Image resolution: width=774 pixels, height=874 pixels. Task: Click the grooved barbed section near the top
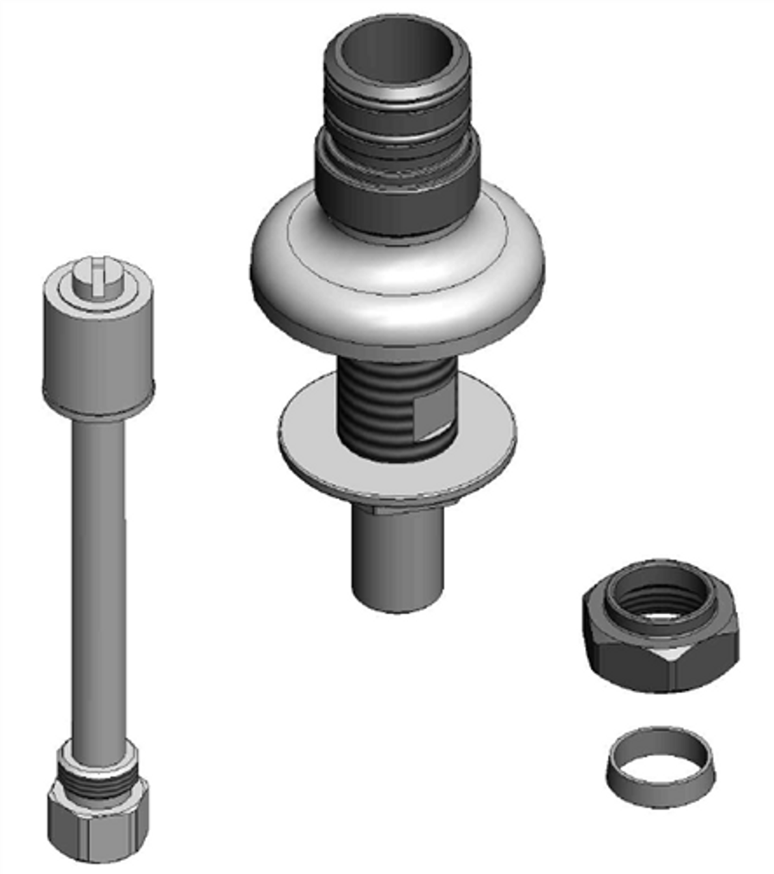click(397, 119)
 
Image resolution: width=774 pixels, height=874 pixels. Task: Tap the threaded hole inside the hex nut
click(661, 601)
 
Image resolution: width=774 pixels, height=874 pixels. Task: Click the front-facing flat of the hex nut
click(703, 666)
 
